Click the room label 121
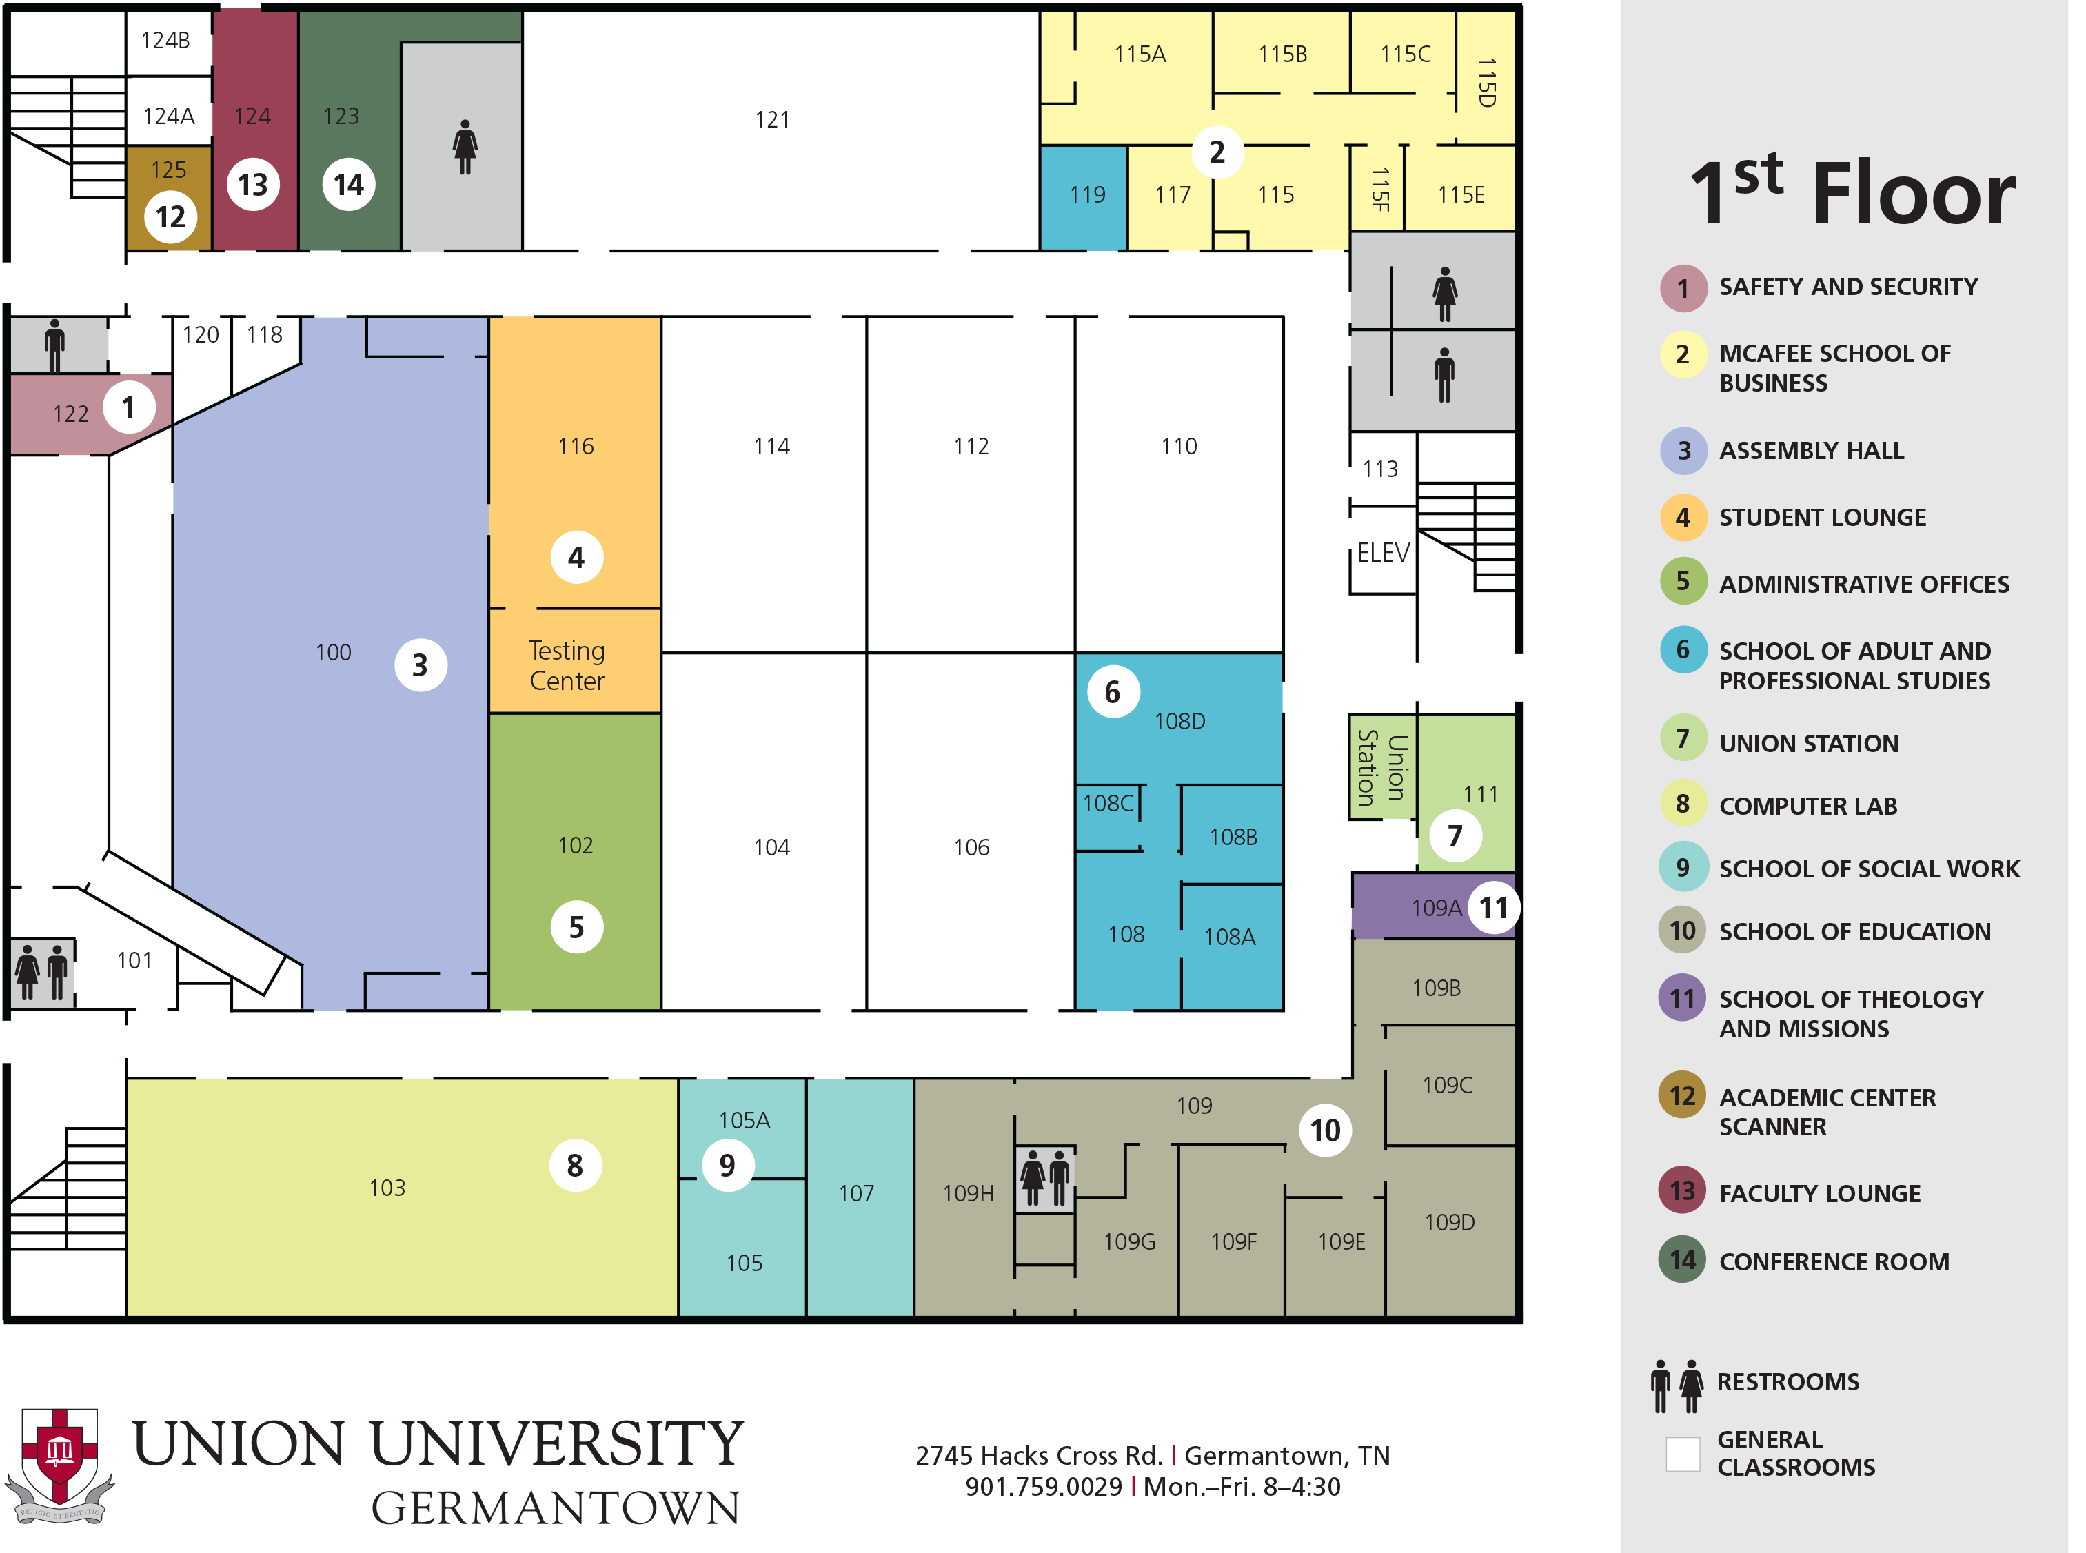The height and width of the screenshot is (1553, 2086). click(772, 119)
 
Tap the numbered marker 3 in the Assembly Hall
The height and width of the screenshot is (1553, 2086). click(421, 664)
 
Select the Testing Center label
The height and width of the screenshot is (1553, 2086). click(567, 666)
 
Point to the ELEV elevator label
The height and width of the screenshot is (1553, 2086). click(1383, 553)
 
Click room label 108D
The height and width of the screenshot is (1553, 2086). click(1179, 721)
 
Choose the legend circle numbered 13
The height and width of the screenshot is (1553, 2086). click(1682, 1190)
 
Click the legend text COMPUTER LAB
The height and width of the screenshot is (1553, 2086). click(1807, 806)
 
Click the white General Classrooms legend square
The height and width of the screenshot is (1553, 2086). click(1682, 1453)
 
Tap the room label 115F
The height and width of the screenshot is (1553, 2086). click(1379, 189)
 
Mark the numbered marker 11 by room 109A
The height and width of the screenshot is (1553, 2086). click(1493, 907)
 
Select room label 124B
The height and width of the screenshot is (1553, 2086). click(165, 41)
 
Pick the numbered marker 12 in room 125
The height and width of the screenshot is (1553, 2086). click(170, 217)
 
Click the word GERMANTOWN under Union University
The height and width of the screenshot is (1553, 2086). click(556, 1508)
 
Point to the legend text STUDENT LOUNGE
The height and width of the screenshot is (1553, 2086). click(1822, 517)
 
